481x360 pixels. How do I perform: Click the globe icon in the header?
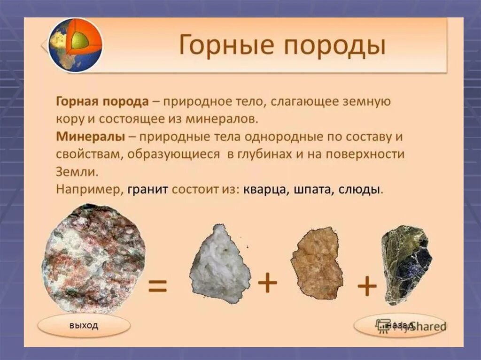point(75,45)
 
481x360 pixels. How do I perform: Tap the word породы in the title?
point(336,47)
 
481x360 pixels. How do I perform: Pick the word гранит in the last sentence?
point(147,190)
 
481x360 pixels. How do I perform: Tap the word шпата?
point(313,190)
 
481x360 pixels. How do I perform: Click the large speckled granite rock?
point(93,259)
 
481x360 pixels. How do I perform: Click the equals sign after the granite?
point(157,286)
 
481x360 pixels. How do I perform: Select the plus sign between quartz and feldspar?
point(268,283)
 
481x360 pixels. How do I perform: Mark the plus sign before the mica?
point(367,286)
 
